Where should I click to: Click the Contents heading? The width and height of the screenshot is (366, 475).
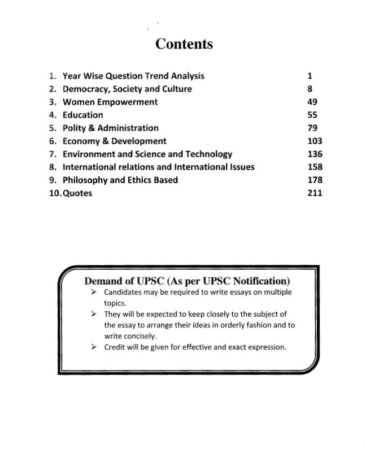click(184, 44)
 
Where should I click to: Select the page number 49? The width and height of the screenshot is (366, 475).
click(312, 102)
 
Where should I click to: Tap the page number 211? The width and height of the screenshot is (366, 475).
click(315, 193)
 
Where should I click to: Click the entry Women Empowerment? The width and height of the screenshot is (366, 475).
click(110, 102)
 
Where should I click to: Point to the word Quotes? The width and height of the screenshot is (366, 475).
click(77, 193)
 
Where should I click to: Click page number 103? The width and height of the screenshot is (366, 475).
click(315, 141)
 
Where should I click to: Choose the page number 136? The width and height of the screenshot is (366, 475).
click(315, 154)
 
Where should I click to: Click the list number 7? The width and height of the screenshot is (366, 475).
click(52, 154)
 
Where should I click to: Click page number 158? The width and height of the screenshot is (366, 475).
click(315, 167)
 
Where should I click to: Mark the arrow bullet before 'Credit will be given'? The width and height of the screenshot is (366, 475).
click(94, 347)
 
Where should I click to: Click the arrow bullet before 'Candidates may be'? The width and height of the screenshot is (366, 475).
click(94, 292)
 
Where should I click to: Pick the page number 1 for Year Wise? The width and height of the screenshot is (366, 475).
click(310, 76)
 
